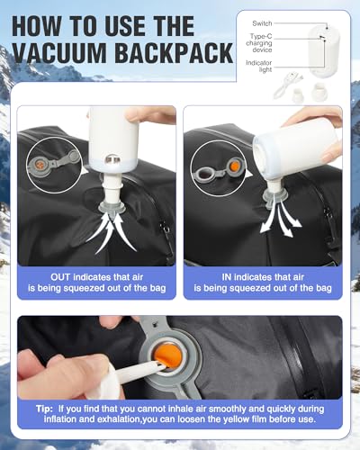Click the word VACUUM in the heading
[59, 53]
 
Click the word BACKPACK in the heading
[174, 53]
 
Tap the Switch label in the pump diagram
[262, 23]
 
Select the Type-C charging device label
[259, 43]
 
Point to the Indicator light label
[259, 67]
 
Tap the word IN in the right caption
[227, 277]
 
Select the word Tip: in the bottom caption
[44, 409]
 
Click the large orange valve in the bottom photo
[168, 357]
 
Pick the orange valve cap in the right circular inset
[235, 166]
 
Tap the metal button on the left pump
[112, 159]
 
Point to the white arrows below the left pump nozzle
[112, 232]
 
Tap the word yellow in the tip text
[238, 419]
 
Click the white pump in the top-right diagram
[323, 51]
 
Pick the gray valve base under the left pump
[112, 207]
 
